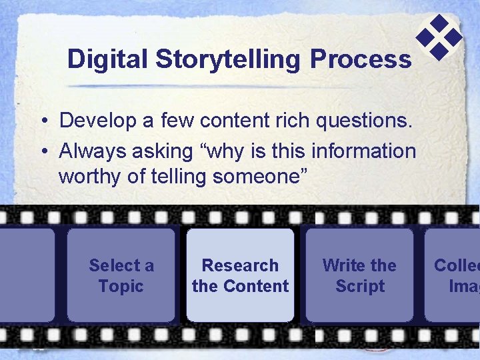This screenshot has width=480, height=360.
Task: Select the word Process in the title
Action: pos(360,59)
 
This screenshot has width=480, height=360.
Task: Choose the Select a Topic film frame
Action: pos(121,275)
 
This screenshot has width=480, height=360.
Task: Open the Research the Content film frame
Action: pos(240,275)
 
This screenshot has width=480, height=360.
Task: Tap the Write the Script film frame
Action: pos(359,275)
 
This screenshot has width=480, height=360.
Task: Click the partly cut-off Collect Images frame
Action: pos(453,275)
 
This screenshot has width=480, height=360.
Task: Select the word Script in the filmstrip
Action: pos(360,286)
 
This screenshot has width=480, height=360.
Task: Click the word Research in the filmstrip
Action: pos(240,265)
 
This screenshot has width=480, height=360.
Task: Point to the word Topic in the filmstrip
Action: pos(121,286)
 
